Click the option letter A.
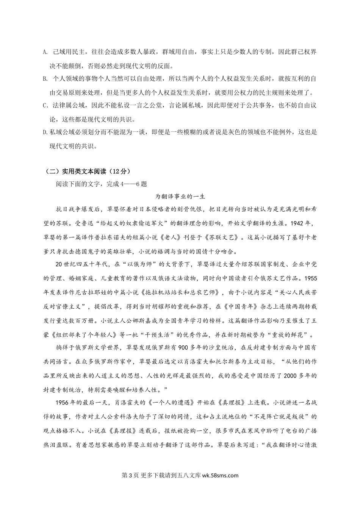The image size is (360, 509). tap(44, 52)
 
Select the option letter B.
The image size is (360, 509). tap(44, 79)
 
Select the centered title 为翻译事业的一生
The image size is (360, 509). tap(180, 197)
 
